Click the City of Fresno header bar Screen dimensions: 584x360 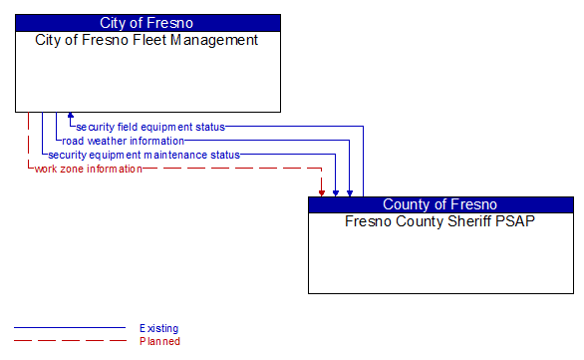click(146, 23)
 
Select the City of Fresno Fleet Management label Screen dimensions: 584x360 click(146, 41)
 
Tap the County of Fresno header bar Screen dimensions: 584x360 click(439, 204)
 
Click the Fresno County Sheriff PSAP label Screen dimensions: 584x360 click(439, 221)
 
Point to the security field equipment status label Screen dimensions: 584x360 click(150, 127)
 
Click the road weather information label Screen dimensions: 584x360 click(123, 141)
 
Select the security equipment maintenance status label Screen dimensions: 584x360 click(144, 155)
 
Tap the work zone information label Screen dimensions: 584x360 click(88, 169)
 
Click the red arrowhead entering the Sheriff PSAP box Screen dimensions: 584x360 click(322, 191)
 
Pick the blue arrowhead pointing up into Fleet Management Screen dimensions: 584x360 click(70, 117)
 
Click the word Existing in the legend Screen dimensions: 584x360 click(158, 328)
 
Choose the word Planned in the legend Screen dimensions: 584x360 click(159, 341)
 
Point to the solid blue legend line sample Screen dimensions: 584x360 click(70, 328)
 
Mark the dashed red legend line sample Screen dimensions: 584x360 click(70, 341)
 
